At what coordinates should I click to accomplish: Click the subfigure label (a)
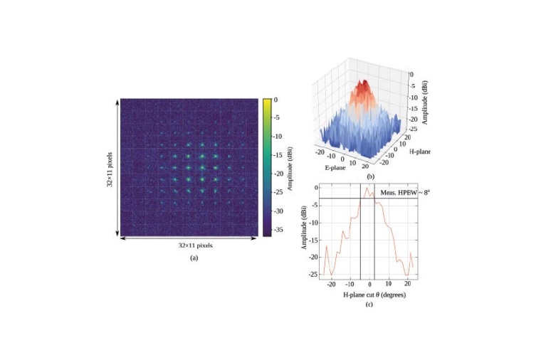point(193,258)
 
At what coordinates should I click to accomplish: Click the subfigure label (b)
point(370,176)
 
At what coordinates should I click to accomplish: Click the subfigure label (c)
point(369,305)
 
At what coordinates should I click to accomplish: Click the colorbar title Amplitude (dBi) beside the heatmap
point(292,166)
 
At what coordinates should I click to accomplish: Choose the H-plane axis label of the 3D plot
point(421,151)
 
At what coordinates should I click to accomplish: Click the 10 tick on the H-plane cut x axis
point(389,284)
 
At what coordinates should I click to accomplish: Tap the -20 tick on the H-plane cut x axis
point(331,284)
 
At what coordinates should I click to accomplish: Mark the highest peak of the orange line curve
point(366,188)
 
